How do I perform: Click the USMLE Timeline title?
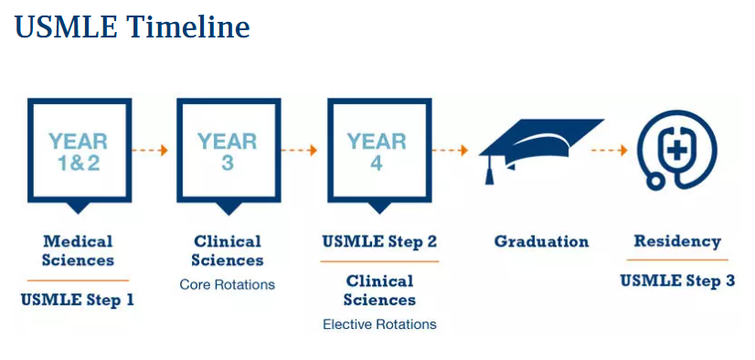(133, 26)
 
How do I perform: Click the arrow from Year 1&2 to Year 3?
(150, 150)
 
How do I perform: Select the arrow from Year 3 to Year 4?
(300, 150)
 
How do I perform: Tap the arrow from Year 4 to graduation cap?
(451, 150)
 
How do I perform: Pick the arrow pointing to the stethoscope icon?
(610, 150)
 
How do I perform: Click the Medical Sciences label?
(78, 250)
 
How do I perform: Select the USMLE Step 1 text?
(77, 300)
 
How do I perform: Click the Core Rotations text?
(228, 284)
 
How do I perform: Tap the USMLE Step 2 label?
(379, 240)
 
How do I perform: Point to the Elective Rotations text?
(379, 323)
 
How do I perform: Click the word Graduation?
(541, 240)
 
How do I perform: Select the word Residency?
(677, 241)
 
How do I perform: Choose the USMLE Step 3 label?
(677, 281)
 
